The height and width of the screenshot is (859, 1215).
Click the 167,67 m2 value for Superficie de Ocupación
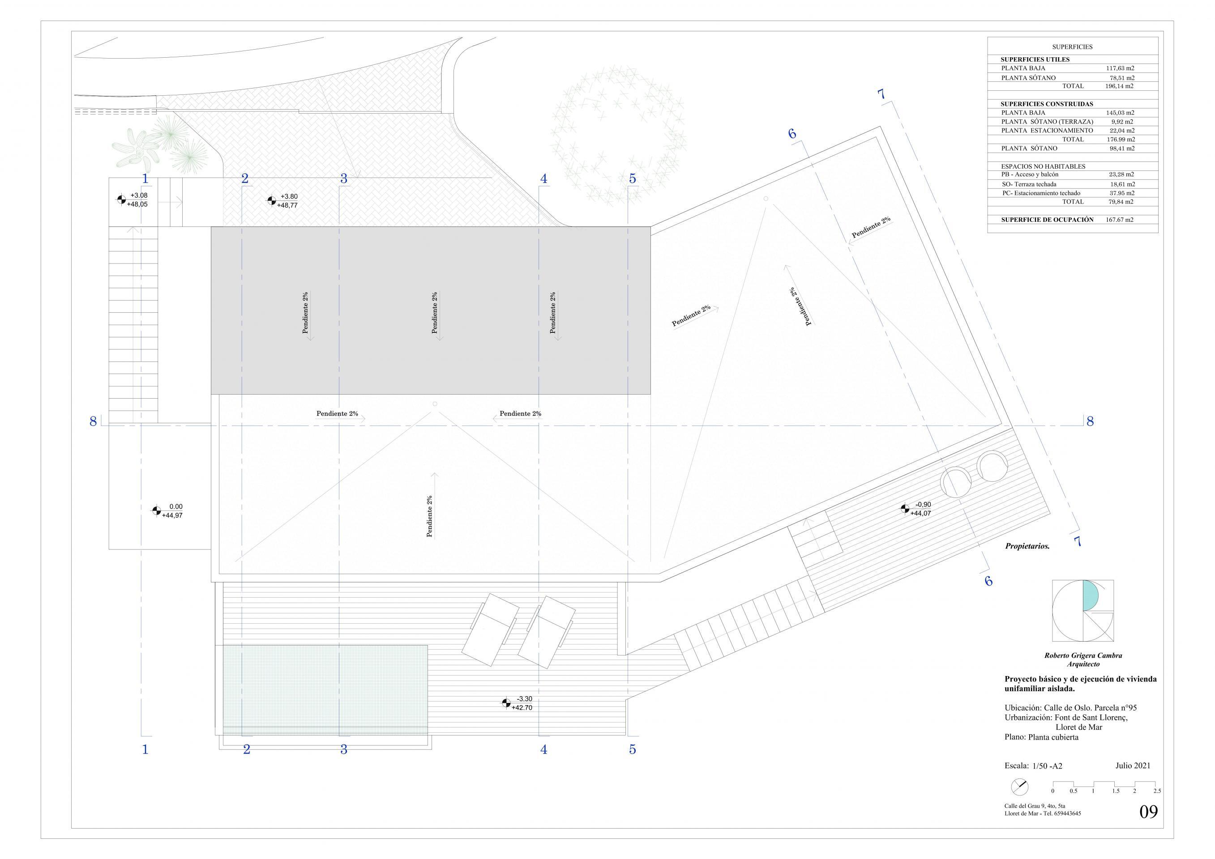tap(1120, 220)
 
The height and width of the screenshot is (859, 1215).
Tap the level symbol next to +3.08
tap(121, 200)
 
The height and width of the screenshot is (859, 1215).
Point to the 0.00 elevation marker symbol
tap(156, 510)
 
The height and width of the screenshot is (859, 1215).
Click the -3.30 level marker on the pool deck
tap(506, 703)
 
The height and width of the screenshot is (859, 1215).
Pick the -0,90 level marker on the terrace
tap(905, 509)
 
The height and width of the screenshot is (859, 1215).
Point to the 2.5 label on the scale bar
tap(1157, 806)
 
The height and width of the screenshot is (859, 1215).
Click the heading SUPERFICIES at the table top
tap(1072, 47)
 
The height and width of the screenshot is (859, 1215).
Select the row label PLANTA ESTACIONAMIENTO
tap(1047, 130)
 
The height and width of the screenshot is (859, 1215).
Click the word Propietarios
tap(1027, 546)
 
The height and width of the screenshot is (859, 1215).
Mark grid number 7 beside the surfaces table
tap(881, 94)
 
